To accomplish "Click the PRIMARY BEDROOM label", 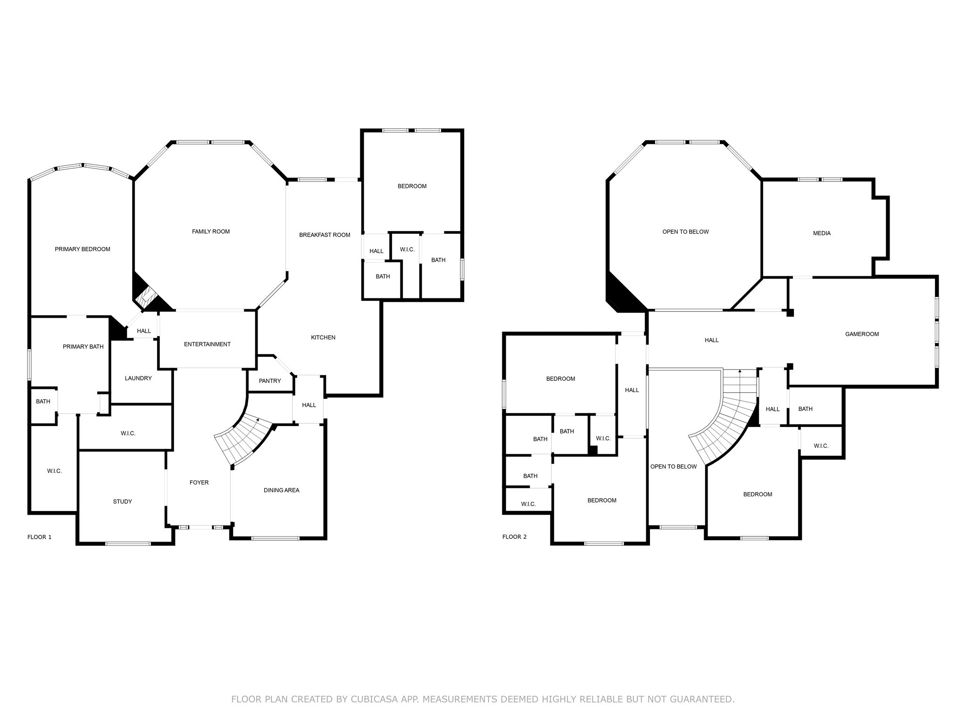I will [83, 249].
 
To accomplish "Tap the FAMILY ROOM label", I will [211, 231].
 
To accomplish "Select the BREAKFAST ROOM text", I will [325, 235].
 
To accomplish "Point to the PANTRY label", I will [270, 381].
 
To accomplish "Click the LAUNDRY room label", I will [138, 378].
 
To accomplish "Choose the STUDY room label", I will [123, 502].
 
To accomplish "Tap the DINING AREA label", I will [282, 490].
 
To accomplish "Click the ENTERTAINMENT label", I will [207, 344].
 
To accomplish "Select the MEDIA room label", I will [822, 233].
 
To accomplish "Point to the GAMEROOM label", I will [862, 334].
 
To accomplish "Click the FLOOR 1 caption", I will [40, 537].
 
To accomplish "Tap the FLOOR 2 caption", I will [515, 537].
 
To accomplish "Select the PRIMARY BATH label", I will [83, 347].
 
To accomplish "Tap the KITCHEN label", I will [323, 337].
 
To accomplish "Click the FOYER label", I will [199, 483].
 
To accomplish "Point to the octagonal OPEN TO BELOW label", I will [685, 232].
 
